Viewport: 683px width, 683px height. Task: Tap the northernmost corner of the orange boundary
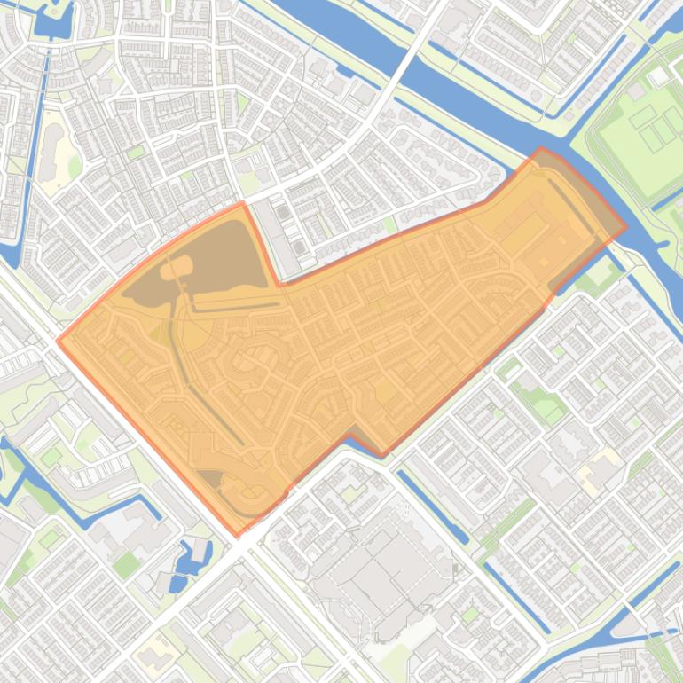click(x=541, y=149)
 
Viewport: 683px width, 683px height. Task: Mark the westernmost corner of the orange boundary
click(x=59, y=339)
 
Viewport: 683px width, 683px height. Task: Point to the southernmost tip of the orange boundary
click(x=236, y=535)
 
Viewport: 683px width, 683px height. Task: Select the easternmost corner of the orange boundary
click(x=625, y=225)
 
